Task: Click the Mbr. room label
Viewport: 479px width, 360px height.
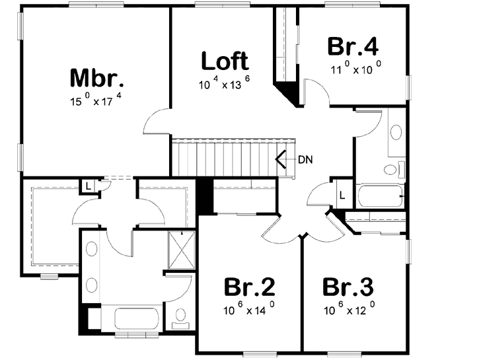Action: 97,78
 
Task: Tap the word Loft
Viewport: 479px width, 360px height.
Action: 225,61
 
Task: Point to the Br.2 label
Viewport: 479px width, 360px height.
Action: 249,287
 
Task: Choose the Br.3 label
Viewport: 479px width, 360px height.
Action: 348,287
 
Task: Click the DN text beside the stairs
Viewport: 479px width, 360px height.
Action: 305,159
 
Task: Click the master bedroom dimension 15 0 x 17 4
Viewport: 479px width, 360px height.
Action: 98,101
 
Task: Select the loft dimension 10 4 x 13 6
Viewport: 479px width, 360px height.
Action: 225,85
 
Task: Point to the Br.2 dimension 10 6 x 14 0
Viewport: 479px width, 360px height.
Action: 248,310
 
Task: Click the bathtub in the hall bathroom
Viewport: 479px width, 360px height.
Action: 380,196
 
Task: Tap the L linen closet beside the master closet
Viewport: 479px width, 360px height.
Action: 87,186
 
